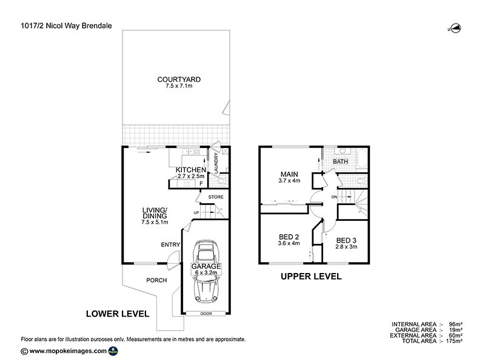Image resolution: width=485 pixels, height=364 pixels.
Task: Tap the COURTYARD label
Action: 179,79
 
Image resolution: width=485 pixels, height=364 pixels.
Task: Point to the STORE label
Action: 216,197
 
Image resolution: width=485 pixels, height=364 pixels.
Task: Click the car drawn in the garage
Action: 206,269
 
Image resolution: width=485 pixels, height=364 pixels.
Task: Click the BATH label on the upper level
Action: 340,162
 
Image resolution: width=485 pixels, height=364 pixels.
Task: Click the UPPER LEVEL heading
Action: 310,277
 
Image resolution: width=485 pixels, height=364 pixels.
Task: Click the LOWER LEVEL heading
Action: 118,314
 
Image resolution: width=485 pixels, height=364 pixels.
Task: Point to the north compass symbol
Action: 454,27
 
